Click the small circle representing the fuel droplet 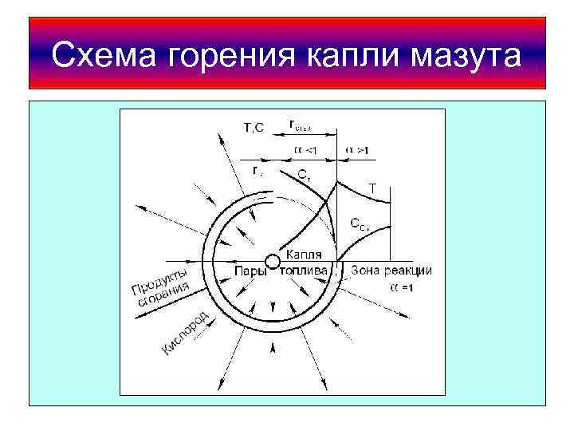click(272, 260)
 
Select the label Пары click(250, 271)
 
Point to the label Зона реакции click(391, 271)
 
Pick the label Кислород click(185, 333)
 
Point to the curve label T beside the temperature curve click(372, 188)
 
